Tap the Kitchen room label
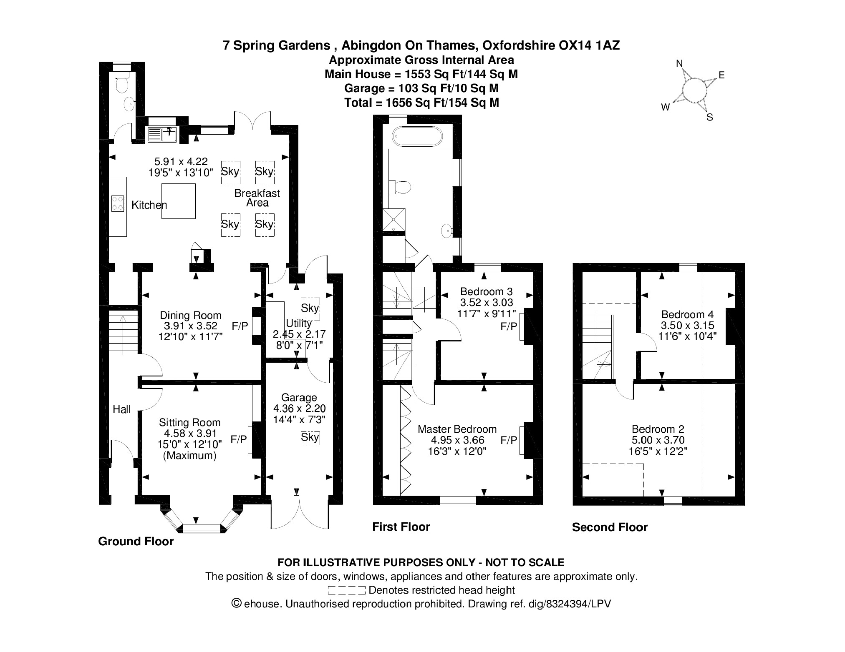pos(149,205)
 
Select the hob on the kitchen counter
pos(118,204)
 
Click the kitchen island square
pos(179,201)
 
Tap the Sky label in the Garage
pos(310,437)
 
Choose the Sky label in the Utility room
pos(310,308)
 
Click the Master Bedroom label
pos(457,429)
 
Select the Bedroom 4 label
pos(687,314)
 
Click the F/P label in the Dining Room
pos(240,326)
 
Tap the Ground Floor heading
pos(136,542)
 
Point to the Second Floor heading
pos(610,527)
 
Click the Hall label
pos(121,409)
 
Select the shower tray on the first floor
pos(394,219)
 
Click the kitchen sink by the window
pos(163,134)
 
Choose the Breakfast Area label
pos(257,198)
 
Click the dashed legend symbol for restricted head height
pos(346,590)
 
